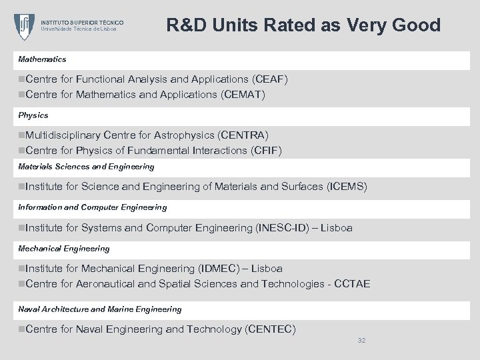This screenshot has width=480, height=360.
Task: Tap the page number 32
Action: [x=362, y=341]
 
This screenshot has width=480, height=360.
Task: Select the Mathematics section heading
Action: [x=42, y=59]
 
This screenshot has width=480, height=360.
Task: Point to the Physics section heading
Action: [x=33, y=115]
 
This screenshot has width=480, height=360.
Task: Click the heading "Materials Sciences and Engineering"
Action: [x=86, y=167]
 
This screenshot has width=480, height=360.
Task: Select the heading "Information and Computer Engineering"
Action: [x=92, y=207]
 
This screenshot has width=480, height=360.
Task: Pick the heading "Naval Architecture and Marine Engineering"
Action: [x=99, y=309]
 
